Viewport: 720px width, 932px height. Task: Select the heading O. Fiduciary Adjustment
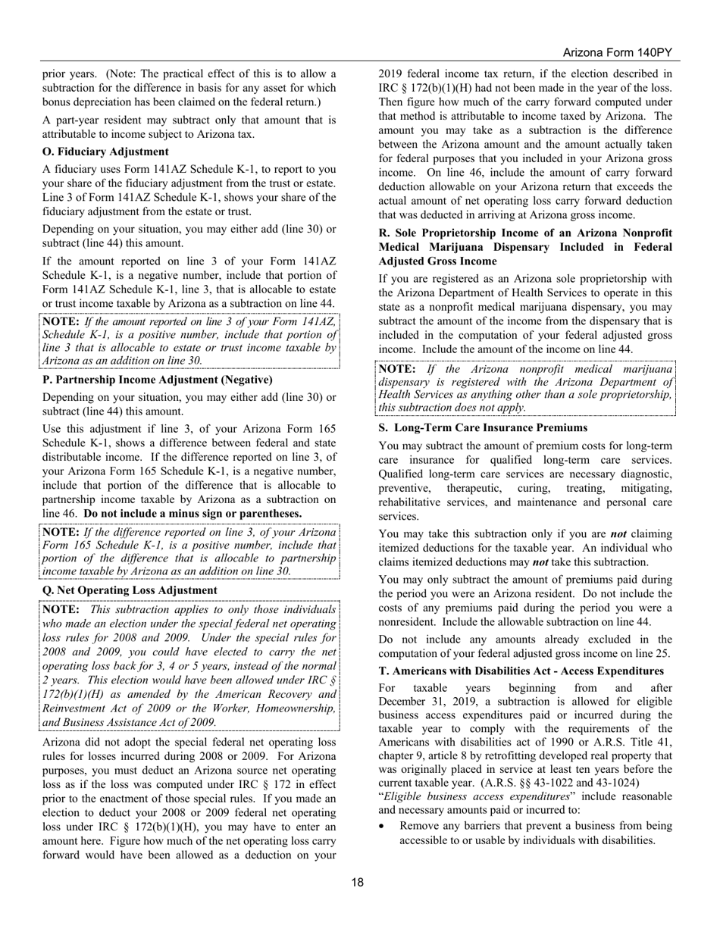point(105,152)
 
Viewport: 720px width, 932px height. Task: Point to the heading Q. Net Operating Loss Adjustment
point(130,590)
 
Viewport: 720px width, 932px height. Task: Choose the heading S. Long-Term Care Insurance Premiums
point(483,427)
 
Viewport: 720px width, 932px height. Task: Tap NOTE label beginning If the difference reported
point(61,532)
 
